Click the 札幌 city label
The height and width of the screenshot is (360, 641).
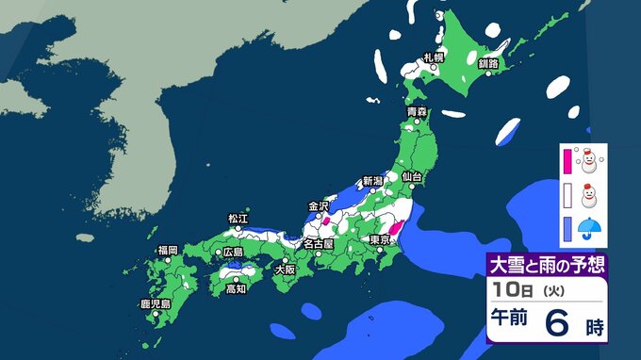pyautogui.click(x=434, y=57)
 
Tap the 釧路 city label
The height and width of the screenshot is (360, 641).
pyautogui.click(x=488, y=64)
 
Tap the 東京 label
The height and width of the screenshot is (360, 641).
pyautogui.click(x=383, y=239)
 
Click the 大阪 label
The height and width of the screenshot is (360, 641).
pyautogui.click(x=284, y=269)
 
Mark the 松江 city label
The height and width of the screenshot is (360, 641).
pyautogui.click(x=238, y=219)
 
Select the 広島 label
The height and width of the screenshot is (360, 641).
pyautogui.click(x=233, y=252)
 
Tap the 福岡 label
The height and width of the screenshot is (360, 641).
pyautogui.click(x=168, y=250)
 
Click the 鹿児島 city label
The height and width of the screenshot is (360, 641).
pyautogui.click(x=154, y=304)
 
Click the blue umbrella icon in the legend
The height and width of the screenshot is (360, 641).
pyautogui.click(x=590, y=227)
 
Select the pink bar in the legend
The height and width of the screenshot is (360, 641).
pyautogui.click(x=567, y=161)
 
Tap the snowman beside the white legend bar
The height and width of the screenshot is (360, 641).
pyautogui.click(x=590, y=196)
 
